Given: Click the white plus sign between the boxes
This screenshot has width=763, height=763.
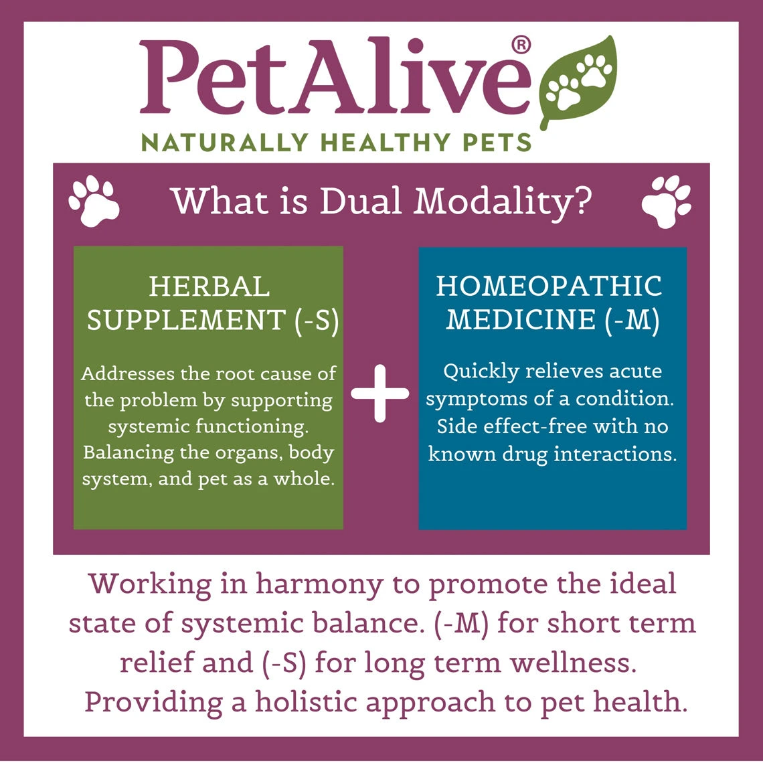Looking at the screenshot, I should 379,394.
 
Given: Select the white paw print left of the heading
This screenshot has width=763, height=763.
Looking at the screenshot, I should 94,200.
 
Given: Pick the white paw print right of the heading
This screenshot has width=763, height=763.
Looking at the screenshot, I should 667,201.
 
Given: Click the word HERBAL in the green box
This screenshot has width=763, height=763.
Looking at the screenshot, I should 209,286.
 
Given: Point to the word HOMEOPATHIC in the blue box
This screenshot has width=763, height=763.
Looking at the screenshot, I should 549,286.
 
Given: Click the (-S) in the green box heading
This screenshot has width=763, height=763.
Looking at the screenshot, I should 317,321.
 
